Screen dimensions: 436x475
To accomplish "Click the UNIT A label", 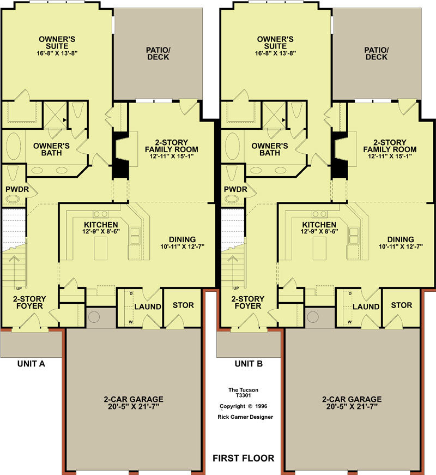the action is [31, 364].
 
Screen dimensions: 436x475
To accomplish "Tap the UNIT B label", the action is [249, 364].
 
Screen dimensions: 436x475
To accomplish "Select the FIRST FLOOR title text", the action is [244, 458].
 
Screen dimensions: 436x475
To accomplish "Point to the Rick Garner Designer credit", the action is [245, 417].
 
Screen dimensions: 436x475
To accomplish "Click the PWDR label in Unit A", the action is [17, 189].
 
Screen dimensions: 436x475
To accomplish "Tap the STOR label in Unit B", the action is [402, 305].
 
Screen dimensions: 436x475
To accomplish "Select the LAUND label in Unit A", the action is [148, 306].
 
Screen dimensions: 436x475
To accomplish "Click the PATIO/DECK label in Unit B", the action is [377, 53].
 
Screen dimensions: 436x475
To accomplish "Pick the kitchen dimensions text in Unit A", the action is [101, 231].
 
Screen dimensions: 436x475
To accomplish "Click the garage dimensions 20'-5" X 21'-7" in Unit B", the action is [352, 406].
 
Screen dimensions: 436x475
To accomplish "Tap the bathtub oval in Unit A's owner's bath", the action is [14, 146].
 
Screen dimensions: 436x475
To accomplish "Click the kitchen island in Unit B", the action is [319, 248].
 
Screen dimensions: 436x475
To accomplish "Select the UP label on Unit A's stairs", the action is [19, 288].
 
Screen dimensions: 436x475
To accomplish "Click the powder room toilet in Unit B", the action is [231, 173].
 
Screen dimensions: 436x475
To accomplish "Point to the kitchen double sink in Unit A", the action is [135, 236].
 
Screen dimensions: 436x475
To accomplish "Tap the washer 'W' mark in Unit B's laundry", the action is [350, 322].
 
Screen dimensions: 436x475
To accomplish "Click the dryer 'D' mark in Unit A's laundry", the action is [131, 293].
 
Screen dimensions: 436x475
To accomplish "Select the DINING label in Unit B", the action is [401, 239].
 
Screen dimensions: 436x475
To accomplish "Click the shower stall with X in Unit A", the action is [55, 115].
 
